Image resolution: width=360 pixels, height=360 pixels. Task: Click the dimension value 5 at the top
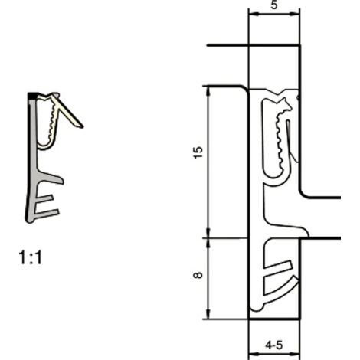(x=274, y=5)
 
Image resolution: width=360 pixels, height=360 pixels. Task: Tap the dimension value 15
(x=198, y=152)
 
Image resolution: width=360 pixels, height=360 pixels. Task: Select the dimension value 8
(x=198, y=275)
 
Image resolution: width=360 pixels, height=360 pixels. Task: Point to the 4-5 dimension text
(x=274, y=345)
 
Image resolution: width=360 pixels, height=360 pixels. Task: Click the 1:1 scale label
(x=30, y=257)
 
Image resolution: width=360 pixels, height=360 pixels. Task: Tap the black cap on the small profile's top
(x=33, y=96)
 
